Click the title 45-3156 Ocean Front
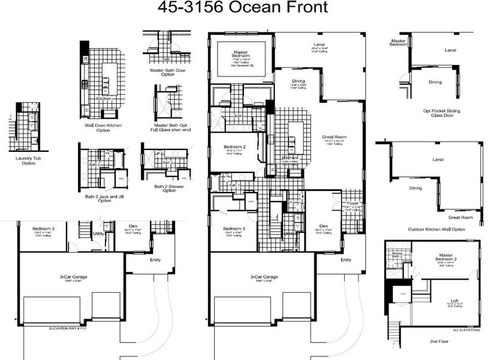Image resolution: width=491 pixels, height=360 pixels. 243,8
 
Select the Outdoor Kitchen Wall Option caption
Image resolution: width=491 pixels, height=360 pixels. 436,229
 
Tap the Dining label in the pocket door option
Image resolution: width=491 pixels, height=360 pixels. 435,82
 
